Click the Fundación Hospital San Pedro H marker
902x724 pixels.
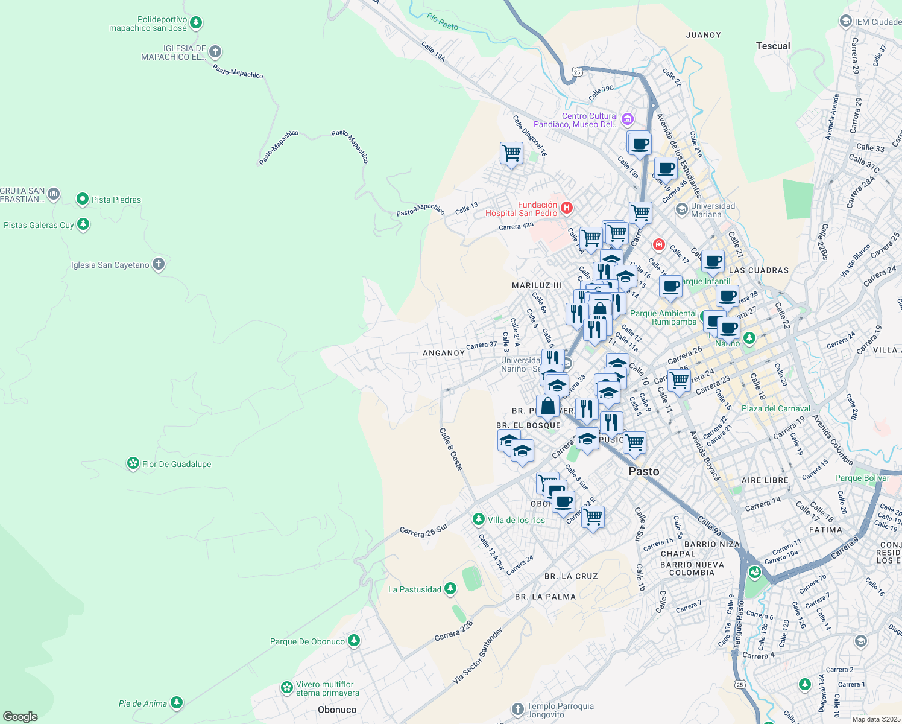point(566,208)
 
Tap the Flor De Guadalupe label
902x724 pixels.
point(176,464)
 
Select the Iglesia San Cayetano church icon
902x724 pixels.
point(159,264)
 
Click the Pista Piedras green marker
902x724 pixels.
point(83,199)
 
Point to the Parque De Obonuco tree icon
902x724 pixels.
point(354,641)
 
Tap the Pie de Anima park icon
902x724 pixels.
point(176,703)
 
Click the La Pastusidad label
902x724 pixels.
point(415,589)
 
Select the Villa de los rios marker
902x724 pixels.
point(478,519)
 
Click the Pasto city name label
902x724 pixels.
point(643,471)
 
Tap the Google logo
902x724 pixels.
point(20,717)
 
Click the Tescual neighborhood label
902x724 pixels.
point(772,46)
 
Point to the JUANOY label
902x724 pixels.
point(703,35)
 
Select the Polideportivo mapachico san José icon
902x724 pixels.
point(195,24)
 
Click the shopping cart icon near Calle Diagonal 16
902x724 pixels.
point(511,153)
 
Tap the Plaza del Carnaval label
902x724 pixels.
point(775,408)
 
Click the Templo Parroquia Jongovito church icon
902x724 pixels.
point(517,710)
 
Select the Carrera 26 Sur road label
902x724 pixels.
point(423,530)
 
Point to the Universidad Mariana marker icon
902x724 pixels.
point(682,209)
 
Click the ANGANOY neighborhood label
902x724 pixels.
point(444,353)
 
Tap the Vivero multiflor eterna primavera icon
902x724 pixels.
point(287,688)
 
